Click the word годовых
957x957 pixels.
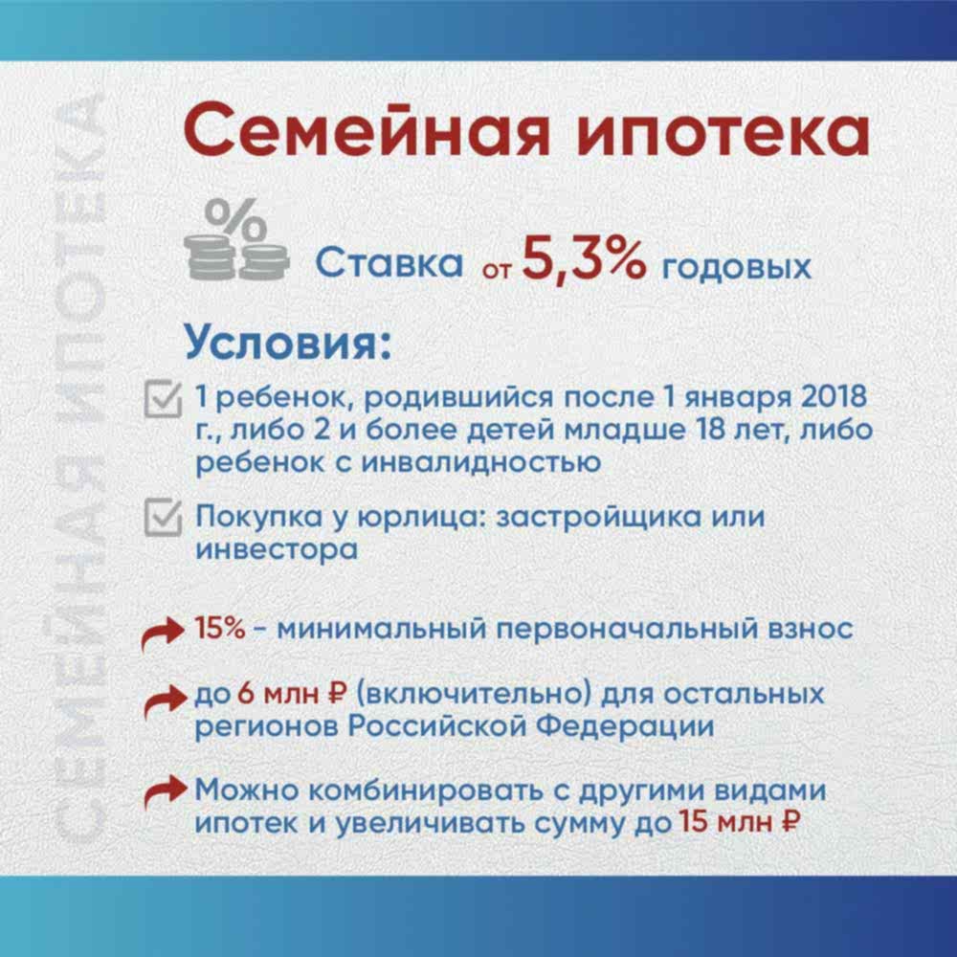[737, 265]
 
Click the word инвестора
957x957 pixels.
[278, 550]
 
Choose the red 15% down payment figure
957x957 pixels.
[219, 631]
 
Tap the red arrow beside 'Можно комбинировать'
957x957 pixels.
[162, 795]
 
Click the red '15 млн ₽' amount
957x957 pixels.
[739, 821]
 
